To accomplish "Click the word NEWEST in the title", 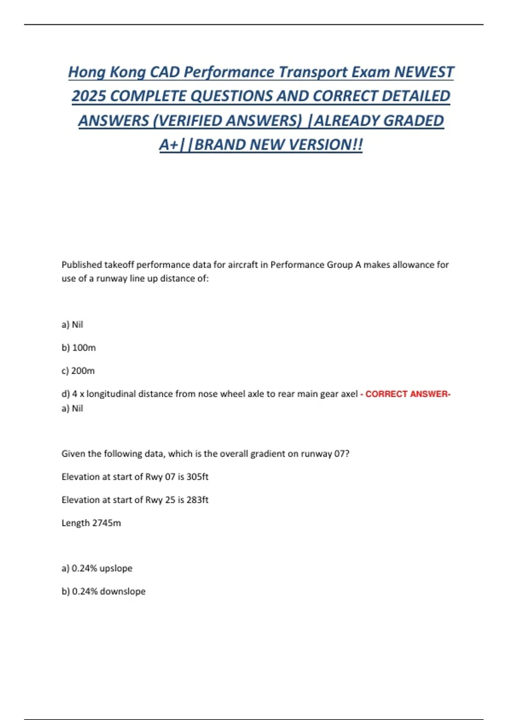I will click(424, 72).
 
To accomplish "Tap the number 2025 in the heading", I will click(88, 96).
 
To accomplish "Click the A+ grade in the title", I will click(169, 145).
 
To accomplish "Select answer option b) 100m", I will click(79, 348).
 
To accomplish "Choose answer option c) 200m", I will click(78, 371).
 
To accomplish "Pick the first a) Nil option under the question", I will click(72, 324).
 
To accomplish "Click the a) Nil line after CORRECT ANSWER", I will click(72, 408).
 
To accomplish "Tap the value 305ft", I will click(197, 476).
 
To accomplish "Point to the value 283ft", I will click(197, 500).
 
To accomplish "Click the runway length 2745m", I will click(106, 523).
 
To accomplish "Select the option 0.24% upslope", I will click(97, 568).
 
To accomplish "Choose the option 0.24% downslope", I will click(104, 591).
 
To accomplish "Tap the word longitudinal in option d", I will click(112, 394).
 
